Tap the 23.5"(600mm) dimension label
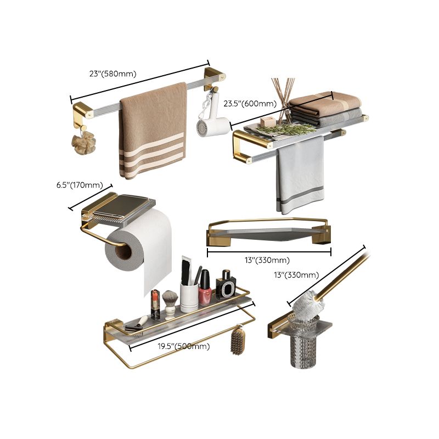[250, 104]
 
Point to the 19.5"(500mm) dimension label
[184, 346]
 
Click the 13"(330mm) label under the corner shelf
[268, 260]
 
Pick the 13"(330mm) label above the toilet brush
[296, 274]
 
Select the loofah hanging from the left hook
[83, 142]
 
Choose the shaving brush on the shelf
[171, 301]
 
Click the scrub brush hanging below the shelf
[238, 340]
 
